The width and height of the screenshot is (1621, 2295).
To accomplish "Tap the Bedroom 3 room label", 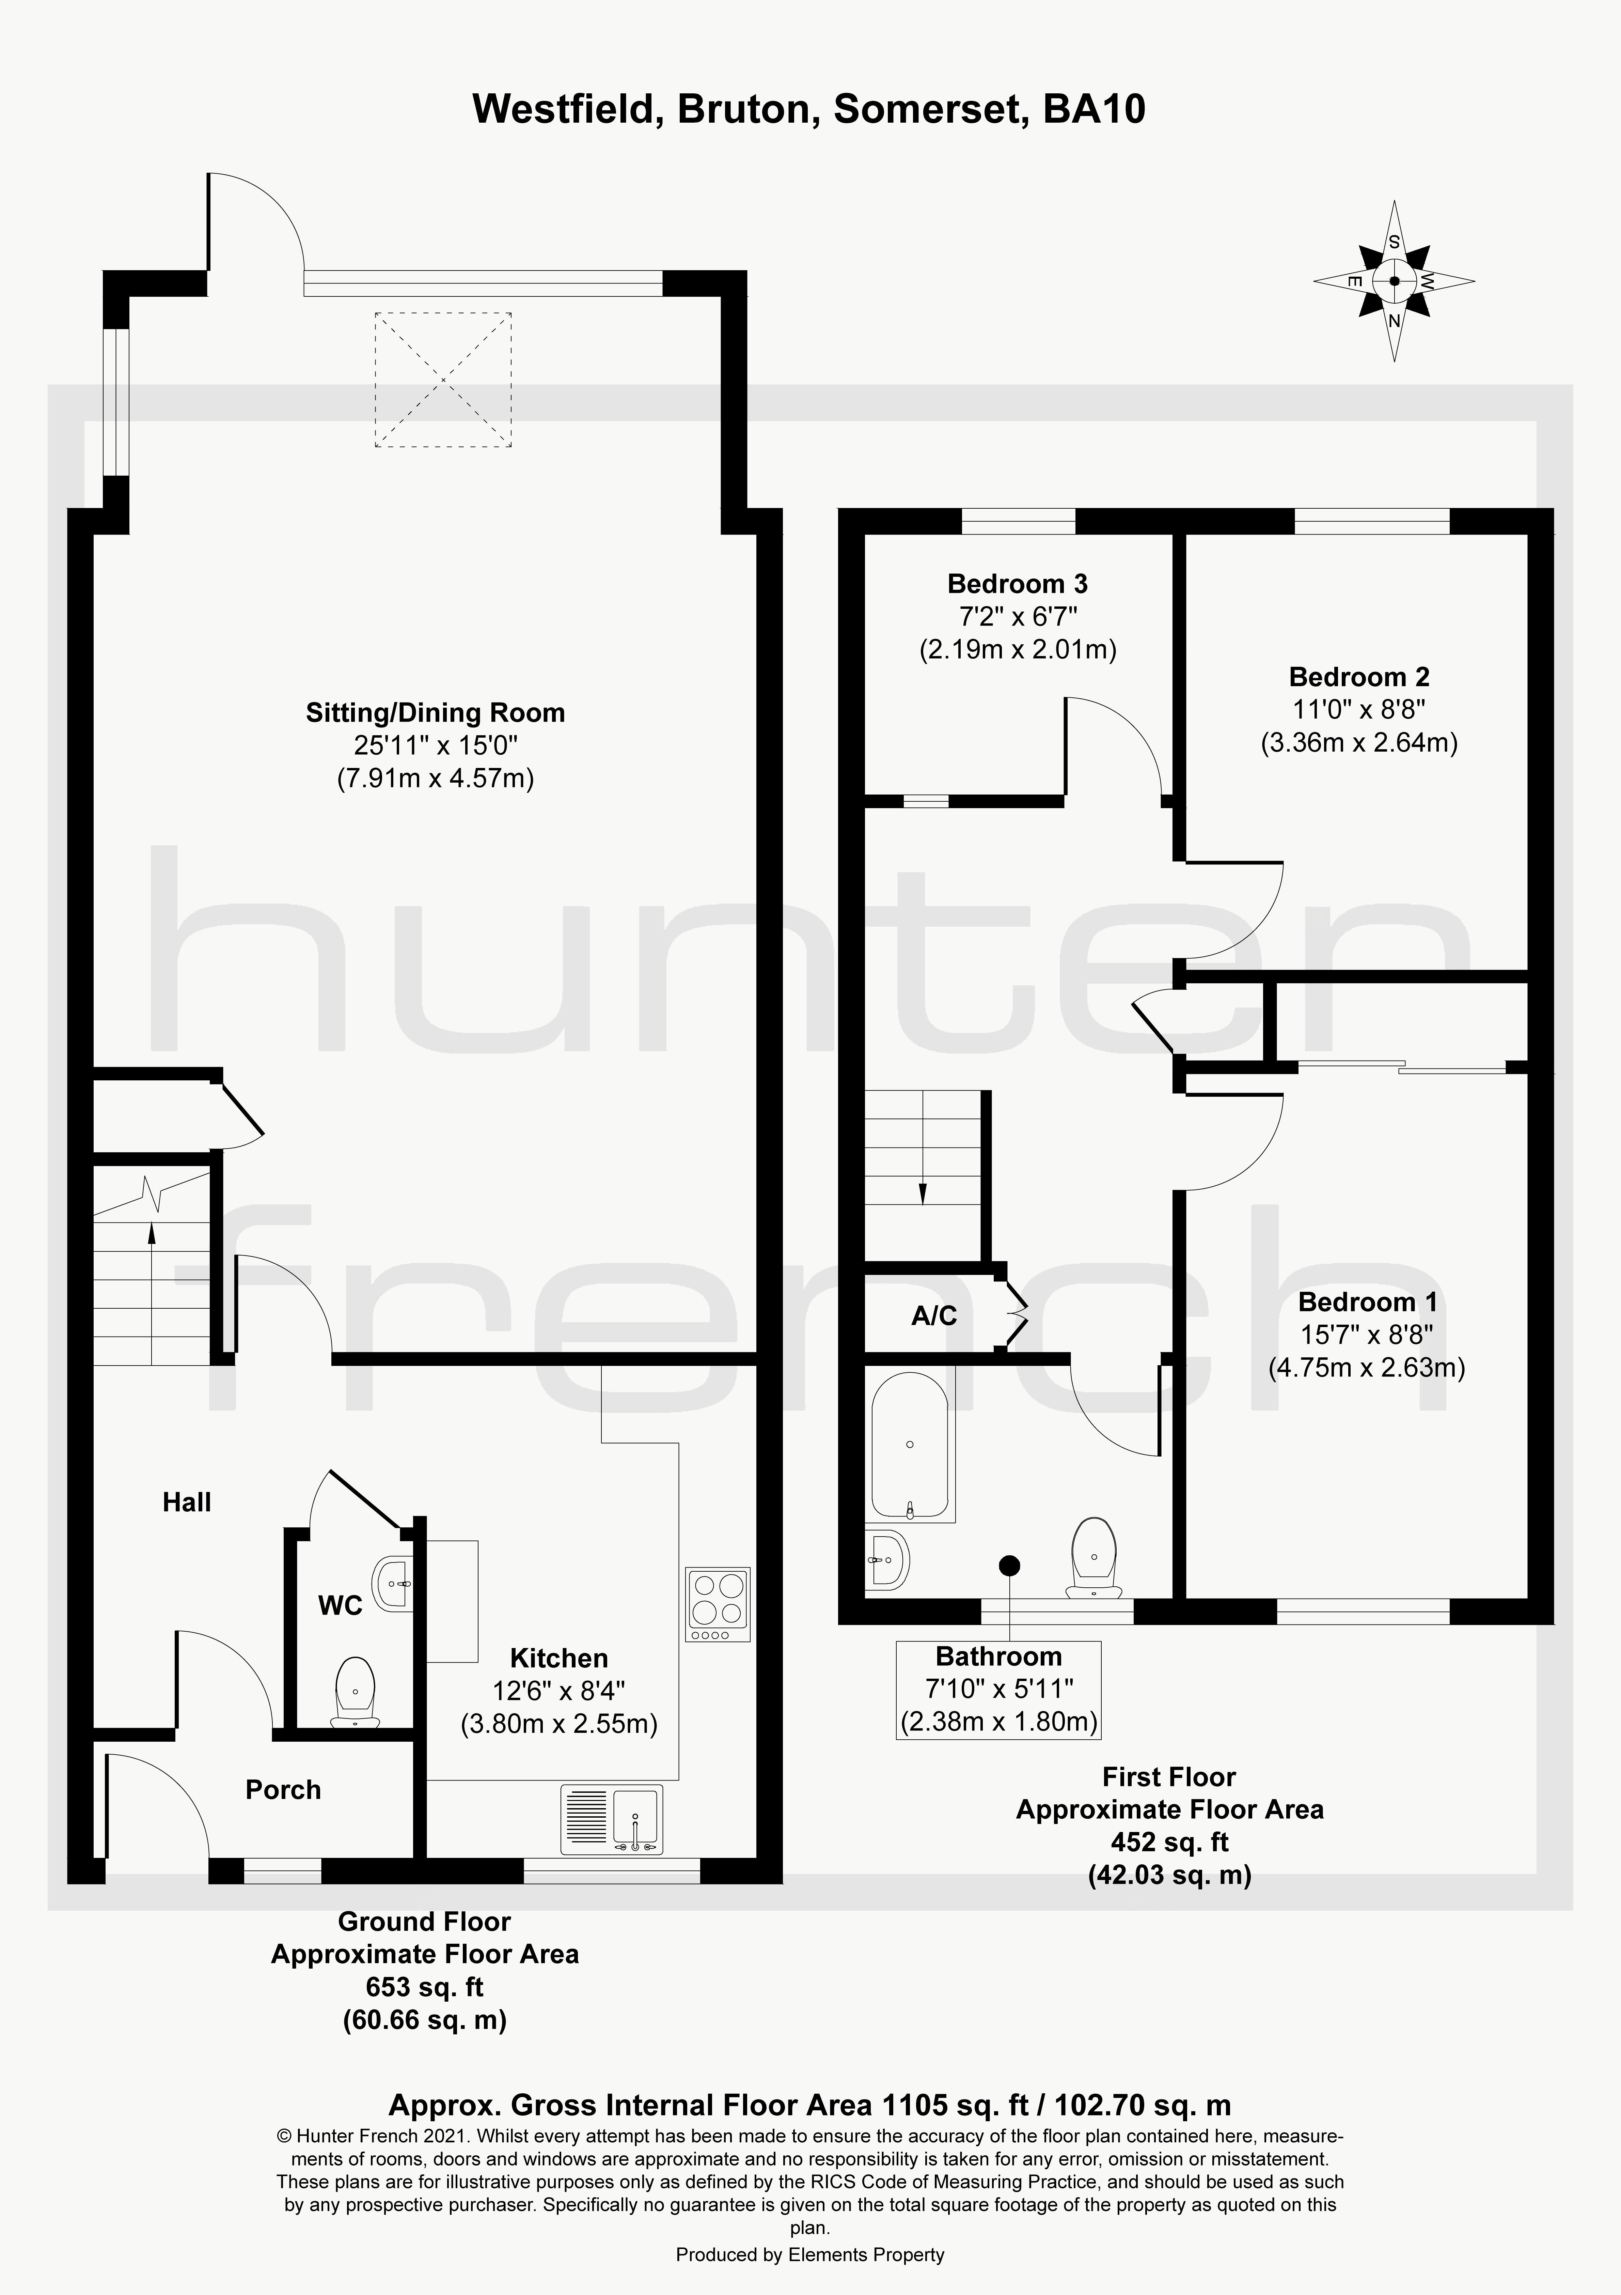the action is (x=1017, y=584).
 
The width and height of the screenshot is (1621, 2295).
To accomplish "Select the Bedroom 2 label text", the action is (x=1359, y=677).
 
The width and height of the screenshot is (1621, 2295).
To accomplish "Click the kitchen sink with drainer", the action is (x=612, y=1819).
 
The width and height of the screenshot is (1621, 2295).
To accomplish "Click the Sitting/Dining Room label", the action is (x=436, y=713).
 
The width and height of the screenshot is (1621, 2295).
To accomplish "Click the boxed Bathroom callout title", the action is (x=998, y=1656).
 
